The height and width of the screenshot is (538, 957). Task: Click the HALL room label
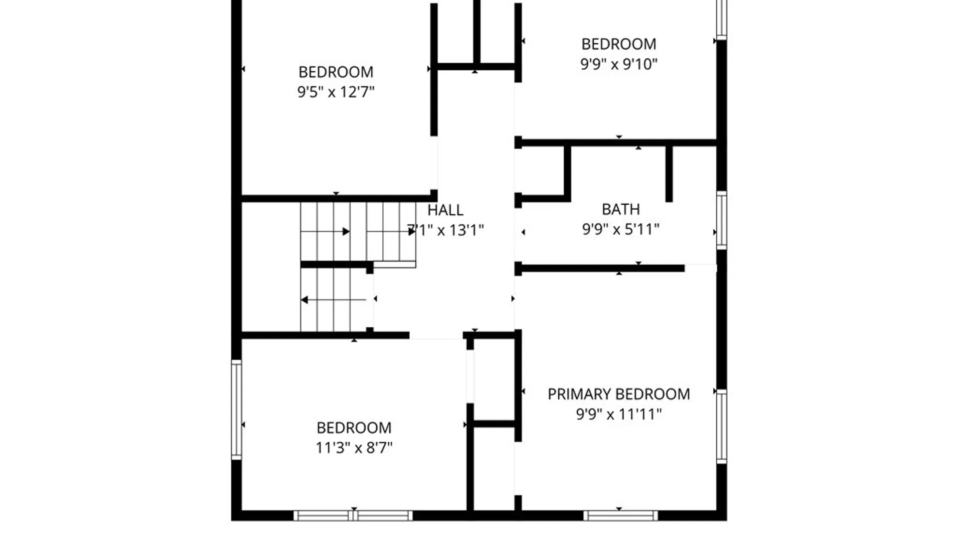[445, 210]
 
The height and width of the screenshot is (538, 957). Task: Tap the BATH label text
[621, 209]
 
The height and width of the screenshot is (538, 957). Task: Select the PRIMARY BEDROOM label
[619, 394]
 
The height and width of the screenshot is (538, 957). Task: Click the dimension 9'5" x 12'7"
[336, 92]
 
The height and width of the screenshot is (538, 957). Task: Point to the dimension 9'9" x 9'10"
[619, 64]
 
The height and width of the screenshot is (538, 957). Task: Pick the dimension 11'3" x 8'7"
[354, 448]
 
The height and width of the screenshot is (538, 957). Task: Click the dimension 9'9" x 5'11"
[621, 229]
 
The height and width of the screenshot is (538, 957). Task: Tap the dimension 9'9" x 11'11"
[619, 414]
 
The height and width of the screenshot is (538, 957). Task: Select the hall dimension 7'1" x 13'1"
[445, 230]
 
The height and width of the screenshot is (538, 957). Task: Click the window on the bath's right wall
[721, 220]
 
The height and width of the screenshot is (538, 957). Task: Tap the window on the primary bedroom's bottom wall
[621, 516]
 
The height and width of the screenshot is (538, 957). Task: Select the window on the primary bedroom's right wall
[721, 426]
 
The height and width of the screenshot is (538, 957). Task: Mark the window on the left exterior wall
[237, 409]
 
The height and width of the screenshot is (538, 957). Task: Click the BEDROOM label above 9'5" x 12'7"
[336, 72]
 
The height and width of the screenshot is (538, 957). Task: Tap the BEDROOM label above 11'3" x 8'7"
[354, 428]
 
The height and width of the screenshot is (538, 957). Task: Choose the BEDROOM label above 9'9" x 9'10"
[619, 44]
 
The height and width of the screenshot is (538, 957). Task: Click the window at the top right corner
[721, 19]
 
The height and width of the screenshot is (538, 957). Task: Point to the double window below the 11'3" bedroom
[353, 516]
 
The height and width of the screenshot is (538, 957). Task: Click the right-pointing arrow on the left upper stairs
[325, 232]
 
